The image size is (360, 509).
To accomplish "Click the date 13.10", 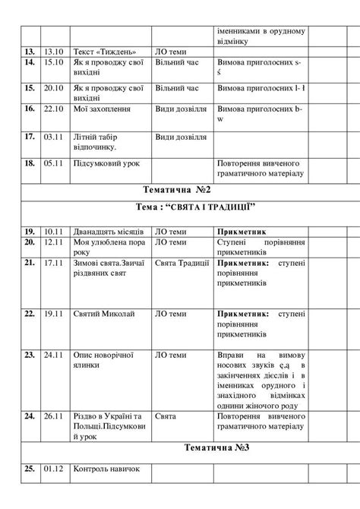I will click(52, 51).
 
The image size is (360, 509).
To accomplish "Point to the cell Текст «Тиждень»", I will click(101, 51).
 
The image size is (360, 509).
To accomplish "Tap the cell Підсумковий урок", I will click(106, 163).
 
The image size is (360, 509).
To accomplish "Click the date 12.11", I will click(52, 242).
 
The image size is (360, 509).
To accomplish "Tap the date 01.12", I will click(52, 469).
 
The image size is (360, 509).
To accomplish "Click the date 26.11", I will click(52, 416).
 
